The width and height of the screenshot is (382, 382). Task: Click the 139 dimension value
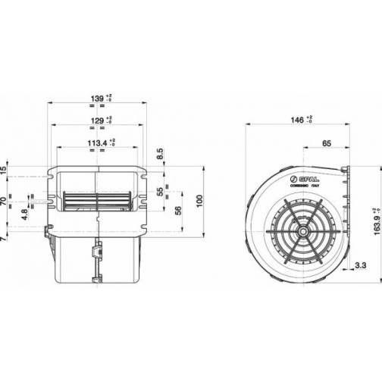coord(96,99)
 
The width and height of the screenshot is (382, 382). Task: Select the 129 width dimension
coord(96,120)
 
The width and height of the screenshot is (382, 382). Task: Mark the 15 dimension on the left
coord(4,168)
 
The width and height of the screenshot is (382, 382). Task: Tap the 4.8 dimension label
coord(24,214)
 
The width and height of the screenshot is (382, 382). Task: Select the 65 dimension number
coord(326,142)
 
